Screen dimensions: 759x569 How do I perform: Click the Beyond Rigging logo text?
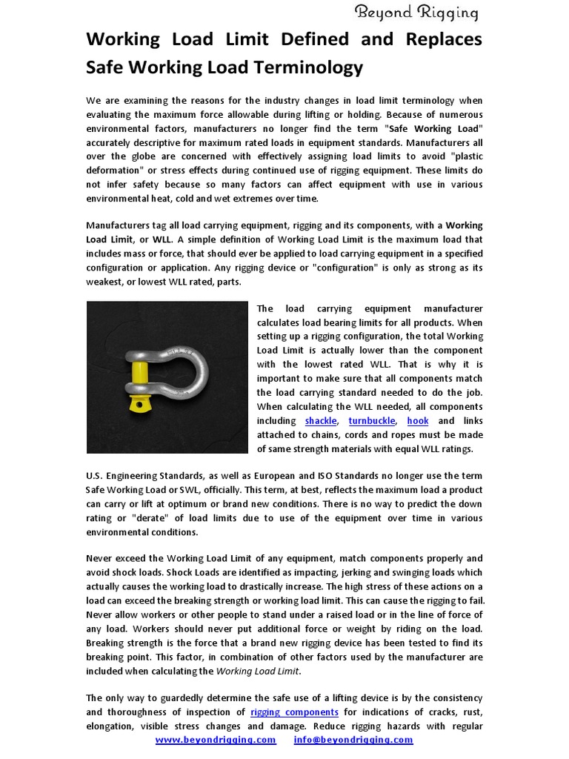point(416,12)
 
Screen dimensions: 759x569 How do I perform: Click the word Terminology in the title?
point(313,67)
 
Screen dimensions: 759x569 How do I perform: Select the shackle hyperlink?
point(320,421)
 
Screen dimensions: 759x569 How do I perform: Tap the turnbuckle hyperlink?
point(373,421)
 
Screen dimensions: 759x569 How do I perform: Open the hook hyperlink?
point(418,421)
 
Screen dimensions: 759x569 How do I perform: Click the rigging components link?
point(294,712)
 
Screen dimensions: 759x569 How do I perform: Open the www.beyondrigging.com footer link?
point(216,740)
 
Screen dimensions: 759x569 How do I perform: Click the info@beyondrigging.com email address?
point(353,740)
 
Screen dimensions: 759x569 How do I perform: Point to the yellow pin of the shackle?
point(137,376)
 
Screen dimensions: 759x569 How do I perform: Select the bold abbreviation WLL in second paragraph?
point(162,239)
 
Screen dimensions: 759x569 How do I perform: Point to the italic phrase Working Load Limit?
point(258,672)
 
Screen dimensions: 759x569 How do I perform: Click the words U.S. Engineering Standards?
point(139,476)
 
